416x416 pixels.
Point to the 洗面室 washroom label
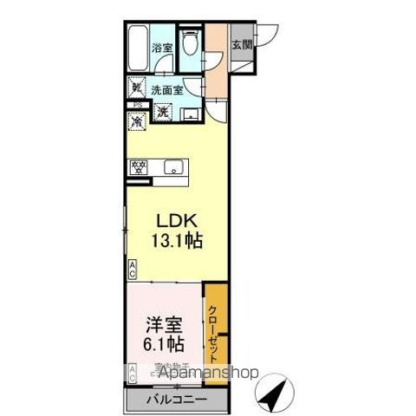tap(166, 88)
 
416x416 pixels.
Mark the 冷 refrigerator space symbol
tap(137, 123)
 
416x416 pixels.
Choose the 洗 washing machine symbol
tap(162, 111)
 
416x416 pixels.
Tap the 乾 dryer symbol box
tap(137, 88)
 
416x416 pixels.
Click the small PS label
tap(135, 106)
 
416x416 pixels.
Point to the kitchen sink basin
tap(171, 168)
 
